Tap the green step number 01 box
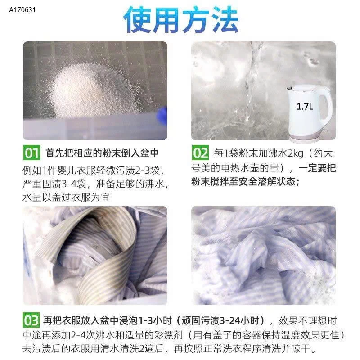click(32, 153)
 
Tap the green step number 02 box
click(201, 153)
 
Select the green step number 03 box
click(32, 321)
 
